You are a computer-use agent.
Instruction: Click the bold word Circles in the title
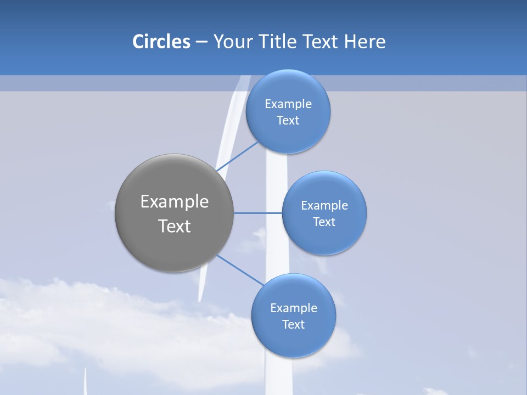point(161,42)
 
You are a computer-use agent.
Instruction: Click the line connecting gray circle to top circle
point(237,156)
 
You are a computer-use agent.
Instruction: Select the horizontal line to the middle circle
point(257,213)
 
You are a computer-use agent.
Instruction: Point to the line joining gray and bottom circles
point(240,270)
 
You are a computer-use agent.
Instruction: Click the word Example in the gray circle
point(175,202)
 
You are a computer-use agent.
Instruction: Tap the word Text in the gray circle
point(175,226)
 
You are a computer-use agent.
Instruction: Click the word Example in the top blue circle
point(288,104)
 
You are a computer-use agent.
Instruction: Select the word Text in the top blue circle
point(288,120)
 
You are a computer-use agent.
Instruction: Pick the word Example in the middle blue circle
point(324,205)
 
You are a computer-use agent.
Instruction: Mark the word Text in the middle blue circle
point(324,222)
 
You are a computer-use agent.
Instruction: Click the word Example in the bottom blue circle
point(294,308)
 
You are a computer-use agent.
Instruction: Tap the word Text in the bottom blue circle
point(294,324)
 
